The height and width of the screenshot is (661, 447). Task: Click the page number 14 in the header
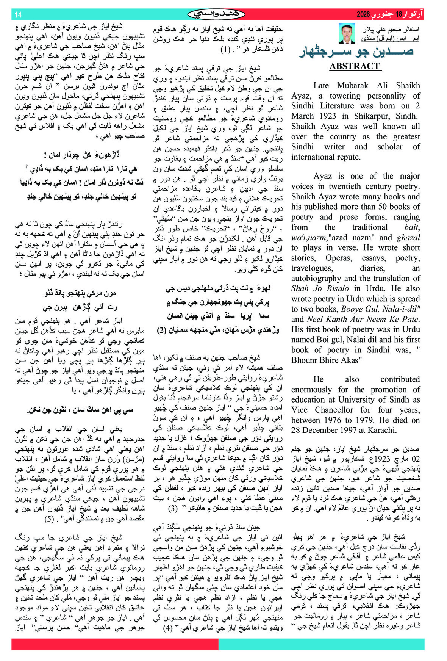(18, 15)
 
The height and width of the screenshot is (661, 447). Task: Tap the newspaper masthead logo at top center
(216, 14)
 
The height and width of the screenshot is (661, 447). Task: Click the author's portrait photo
(347, 34)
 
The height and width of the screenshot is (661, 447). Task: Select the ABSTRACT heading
(355, 66)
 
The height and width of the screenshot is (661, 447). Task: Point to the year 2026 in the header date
(363, 15)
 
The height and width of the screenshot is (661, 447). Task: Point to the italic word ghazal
(408, 238)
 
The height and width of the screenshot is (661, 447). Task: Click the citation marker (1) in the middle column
(225, 49)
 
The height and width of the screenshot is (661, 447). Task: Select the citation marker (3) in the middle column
(173, 508)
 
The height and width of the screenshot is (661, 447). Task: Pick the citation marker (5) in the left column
(49, 518)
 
